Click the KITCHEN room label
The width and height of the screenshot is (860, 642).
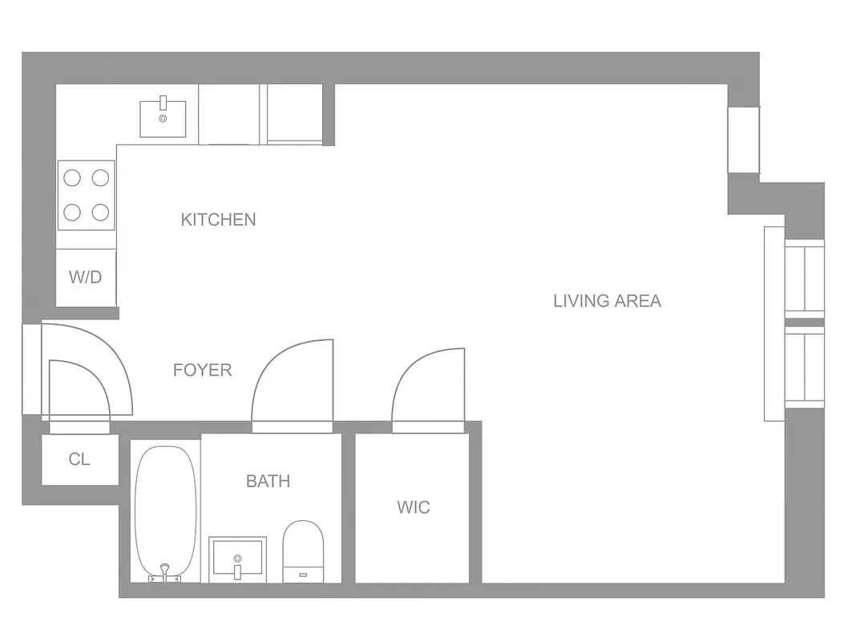218,219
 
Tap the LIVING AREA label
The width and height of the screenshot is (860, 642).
607,301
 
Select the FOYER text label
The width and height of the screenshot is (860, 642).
203,370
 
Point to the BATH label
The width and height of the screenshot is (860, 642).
268,481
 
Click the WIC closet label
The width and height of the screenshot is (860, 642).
413,507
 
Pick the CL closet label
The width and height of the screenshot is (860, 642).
79,460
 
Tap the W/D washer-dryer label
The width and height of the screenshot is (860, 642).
85,278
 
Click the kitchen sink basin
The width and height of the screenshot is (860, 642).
163,119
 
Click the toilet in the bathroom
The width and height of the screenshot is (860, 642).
303,549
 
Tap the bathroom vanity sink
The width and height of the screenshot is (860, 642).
237,558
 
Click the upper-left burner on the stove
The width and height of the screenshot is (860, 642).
72,177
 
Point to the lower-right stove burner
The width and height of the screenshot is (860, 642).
100,212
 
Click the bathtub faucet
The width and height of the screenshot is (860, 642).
164,571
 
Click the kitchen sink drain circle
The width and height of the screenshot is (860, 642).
163,118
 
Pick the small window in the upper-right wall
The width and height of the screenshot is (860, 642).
743,140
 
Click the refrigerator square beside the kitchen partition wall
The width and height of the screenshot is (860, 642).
294,113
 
